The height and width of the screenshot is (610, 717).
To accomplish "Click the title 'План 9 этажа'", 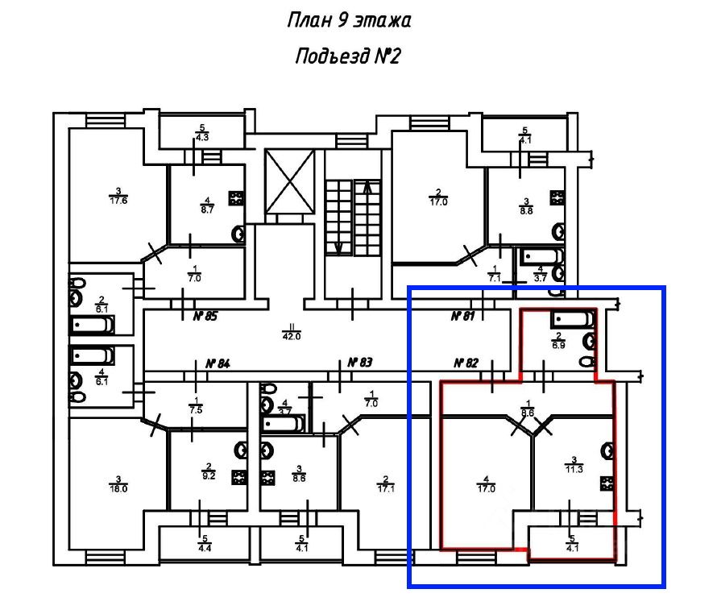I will click(x=349, y=20).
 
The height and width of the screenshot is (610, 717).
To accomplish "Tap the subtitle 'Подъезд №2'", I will click(x=348, y=56).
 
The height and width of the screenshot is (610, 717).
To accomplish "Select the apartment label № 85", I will click(x=205, y=316).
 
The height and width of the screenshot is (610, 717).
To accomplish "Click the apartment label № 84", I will click(x=218, y=363).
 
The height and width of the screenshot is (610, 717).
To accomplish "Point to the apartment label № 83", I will click(x=360, y=363).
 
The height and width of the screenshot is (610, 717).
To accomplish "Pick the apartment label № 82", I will click(x=468, y=363).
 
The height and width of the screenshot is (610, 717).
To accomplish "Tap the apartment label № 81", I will click(x=462, y=316).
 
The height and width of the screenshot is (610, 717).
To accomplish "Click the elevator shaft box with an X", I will click(x=288, y=182).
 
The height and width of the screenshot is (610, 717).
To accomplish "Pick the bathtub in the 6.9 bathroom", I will click(x=572, y=320).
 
